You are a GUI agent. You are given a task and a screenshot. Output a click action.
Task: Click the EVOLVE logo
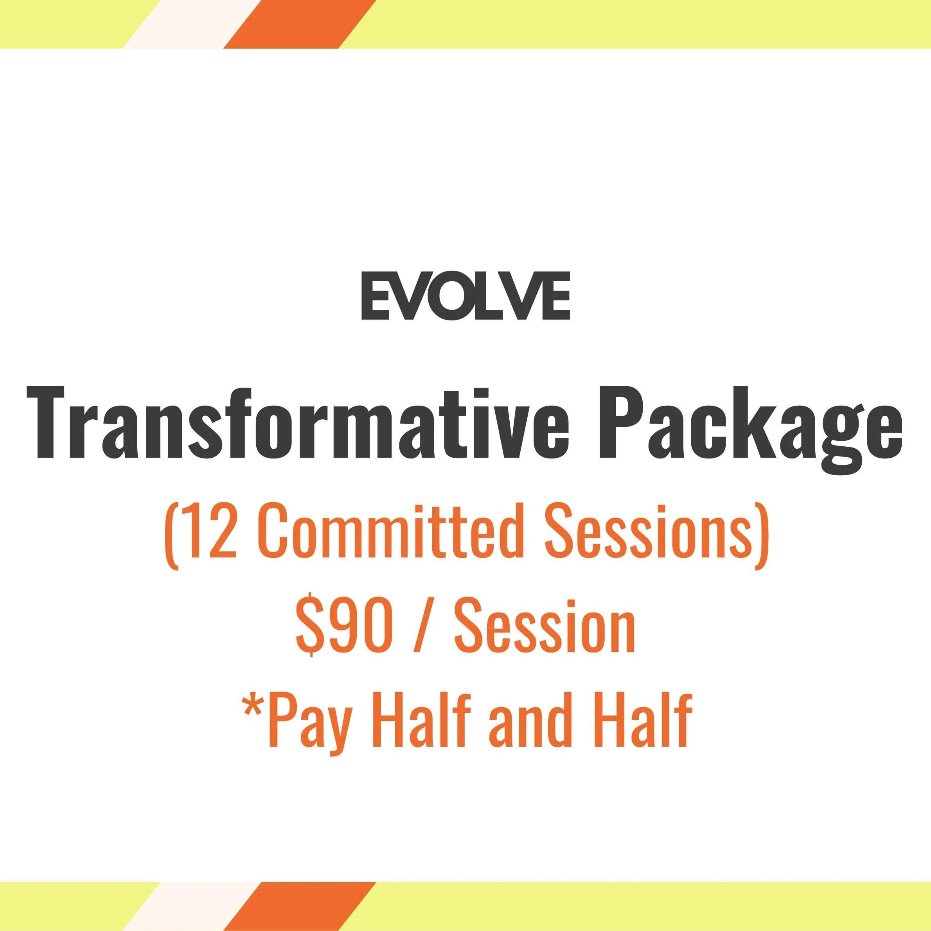(465, 296)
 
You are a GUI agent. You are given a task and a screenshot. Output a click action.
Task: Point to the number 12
(210, 535)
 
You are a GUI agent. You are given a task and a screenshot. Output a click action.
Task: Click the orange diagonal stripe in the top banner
(299, 24)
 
